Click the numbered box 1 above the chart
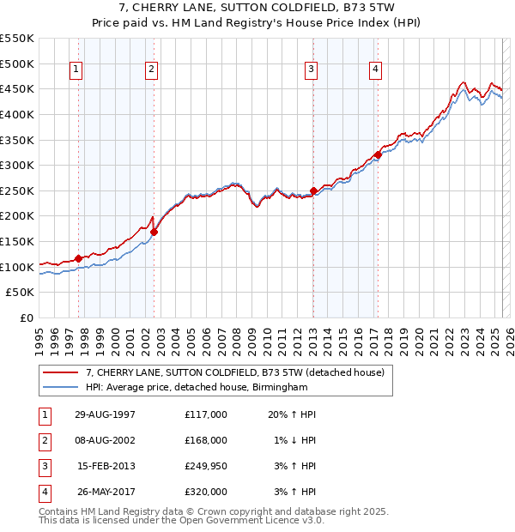[x=76, y=70]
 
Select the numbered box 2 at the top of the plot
[x=151, y=70]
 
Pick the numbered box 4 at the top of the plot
[x=376, y=70]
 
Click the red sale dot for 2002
[x=154, y=232]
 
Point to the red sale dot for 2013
[x=313, y=190]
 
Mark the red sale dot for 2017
[x=378, y=154]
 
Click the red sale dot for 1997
[x=79, y=257]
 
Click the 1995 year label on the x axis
[x=39, y=340]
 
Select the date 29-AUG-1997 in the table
[x=105, y=414]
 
